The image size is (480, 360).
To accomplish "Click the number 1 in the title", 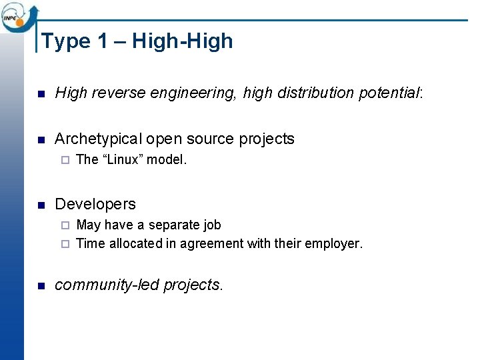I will [102, 41].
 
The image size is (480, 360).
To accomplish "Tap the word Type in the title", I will [65, 41].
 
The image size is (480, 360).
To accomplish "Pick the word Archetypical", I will [98, 139].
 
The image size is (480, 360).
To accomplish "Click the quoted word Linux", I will [123, 159].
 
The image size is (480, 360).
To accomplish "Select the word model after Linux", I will [167, 159].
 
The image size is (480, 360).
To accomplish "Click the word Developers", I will [95, 204].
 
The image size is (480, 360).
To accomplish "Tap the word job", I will [211, 225].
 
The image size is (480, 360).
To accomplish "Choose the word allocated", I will [135, 244].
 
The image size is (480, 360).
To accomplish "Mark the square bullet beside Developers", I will [41, 205].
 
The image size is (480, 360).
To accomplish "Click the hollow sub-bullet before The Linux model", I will [65, 160].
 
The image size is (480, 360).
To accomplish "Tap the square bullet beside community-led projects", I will [41, 286].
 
